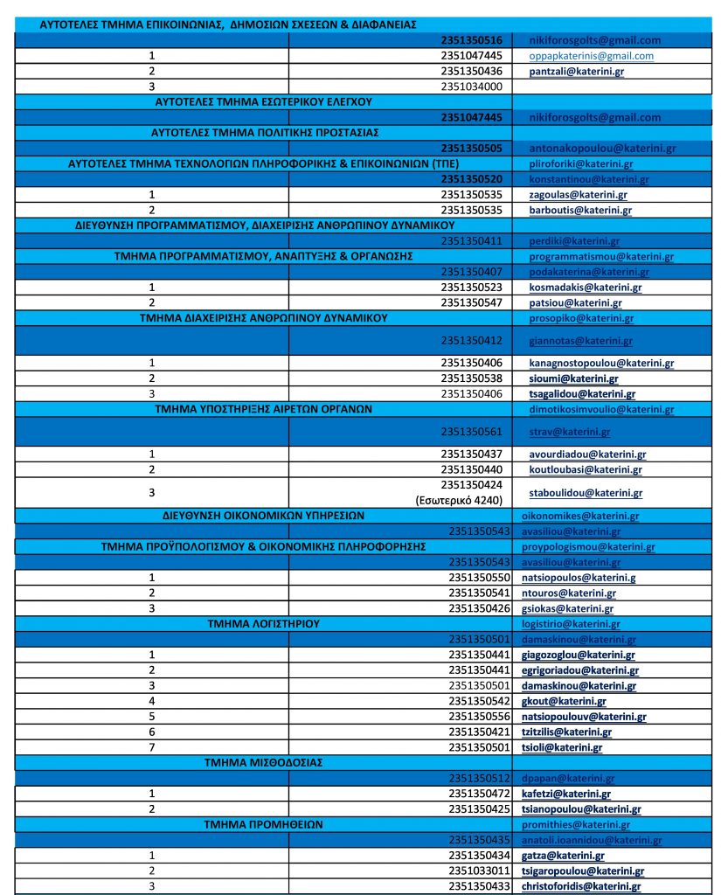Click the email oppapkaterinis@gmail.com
tap(592, 56)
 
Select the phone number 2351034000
tap(472, 87)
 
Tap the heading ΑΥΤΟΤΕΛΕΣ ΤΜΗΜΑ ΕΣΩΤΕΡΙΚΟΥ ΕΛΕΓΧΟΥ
tap(263, 101)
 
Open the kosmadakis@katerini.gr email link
tap(586, 287)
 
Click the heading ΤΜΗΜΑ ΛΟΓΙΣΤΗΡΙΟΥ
tap(260, 624)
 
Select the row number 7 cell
tap(152, 747)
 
